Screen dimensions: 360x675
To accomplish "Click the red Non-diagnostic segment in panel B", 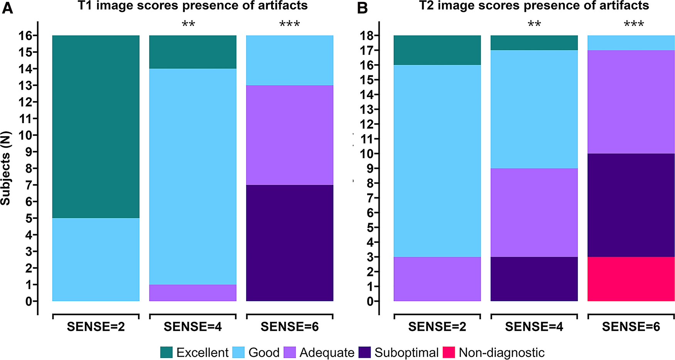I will pyautogui.click(x=631, y=279).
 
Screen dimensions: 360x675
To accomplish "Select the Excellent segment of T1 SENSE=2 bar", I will pyautogui.click(x=96, y=126).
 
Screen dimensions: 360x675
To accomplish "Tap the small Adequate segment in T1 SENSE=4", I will pyautogui.click(x=193, y=293).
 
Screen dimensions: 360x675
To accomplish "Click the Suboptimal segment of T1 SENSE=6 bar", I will pyautogui.click(x=290, y=243).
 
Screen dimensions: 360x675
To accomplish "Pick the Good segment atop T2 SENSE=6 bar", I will pyautogui.click(x=631, y=43).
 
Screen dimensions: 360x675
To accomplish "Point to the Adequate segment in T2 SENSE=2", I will pyautogui.click(x=437, y=279).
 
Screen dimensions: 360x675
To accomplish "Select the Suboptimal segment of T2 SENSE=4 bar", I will pyautogui.click(x=534, y=279).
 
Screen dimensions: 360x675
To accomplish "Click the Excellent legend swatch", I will pyautogui.click(x=167, y=352).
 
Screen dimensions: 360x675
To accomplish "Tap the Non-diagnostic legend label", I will pyautogui.click(x=501, y=352).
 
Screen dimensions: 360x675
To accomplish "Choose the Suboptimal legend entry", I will pyautogui.click(x=406, y=352).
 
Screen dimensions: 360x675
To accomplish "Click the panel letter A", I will pyautogui.click(x=7, y=8).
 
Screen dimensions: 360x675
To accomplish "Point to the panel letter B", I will pyautogui.click(x=362, y=8).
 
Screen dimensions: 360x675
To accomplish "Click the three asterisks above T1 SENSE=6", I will pyautogui.click(x=290, y=24).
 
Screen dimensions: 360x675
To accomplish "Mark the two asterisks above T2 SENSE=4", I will pyautogui.click(x=534, y=24).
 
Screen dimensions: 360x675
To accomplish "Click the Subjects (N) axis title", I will pyautogui.click(x=5, y=168).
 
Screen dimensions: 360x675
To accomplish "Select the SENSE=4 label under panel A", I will pyautogui.click(x=193, y=327).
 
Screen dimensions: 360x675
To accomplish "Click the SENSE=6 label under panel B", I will pyautogui.click(x=631, y=327).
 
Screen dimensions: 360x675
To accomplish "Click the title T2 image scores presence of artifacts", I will pyautogui.click(x=534, y=6).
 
